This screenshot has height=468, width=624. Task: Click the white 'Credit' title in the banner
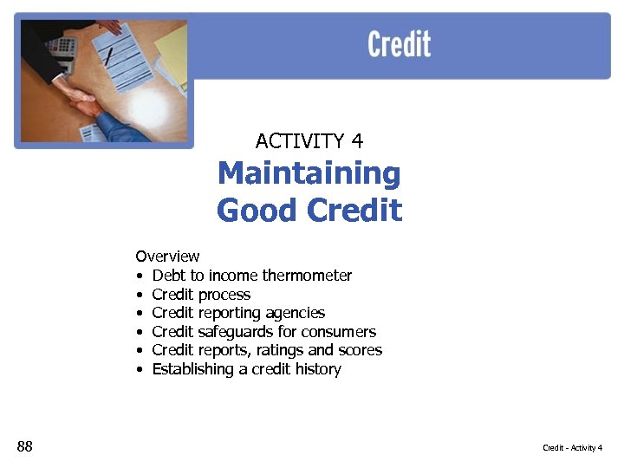pos(399,44)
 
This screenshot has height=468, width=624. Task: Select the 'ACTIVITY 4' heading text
pos(309,140)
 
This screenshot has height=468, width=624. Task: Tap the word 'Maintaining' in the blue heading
pos(309,174)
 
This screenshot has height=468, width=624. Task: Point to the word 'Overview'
pos(167,257)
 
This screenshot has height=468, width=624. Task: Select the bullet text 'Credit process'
pos(201,295)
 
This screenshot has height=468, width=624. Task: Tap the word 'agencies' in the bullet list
pos(296,313)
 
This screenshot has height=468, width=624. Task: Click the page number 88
pos(24,446)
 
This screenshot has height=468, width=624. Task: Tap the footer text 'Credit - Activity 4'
pos(572,447)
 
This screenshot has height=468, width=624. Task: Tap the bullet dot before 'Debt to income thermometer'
pos(140,276)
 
